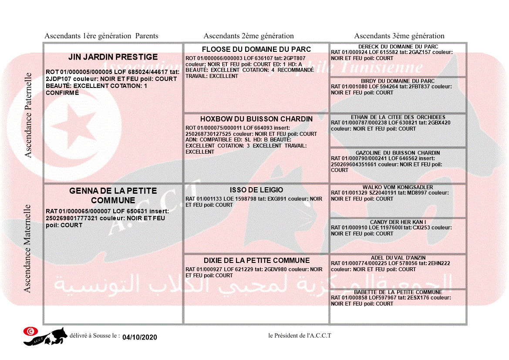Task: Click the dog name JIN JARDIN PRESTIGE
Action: [x=113, y=57]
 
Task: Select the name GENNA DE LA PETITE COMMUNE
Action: [x=113, y=195]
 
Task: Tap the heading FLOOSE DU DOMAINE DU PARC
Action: [x=256, y=49]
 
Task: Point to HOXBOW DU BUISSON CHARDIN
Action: [x=256, y=119]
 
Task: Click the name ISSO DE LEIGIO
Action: [x=256, y=190]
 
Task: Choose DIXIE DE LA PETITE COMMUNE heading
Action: [x=256, y=260]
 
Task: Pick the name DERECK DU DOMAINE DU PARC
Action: [x=398, y=47]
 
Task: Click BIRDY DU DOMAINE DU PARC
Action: [x=398, y=81]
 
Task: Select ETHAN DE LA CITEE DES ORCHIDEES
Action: [x=398, y=117]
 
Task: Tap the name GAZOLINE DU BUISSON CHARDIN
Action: [x=398, y=153]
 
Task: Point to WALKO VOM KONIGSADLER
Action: [x=398, y=187]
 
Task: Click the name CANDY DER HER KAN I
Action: [x=398, y=222]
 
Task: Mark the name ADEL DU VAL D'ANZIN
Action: [x=398, y=258]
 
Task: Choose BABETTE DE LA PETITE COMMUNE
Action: [x=398, y=292]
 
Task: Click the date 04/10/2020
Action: [x=139, y=337]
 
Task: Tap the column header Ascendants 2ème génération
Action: [x=249, y=36]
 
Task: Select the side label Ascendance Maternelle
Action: [x=27, y=249]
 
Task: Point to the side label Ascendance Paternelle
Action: [x=28, y=115]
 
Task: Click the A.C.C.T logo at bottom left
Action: [x=45, y=336]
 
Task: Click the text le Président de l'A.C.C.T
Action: [x=300, y=336]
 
